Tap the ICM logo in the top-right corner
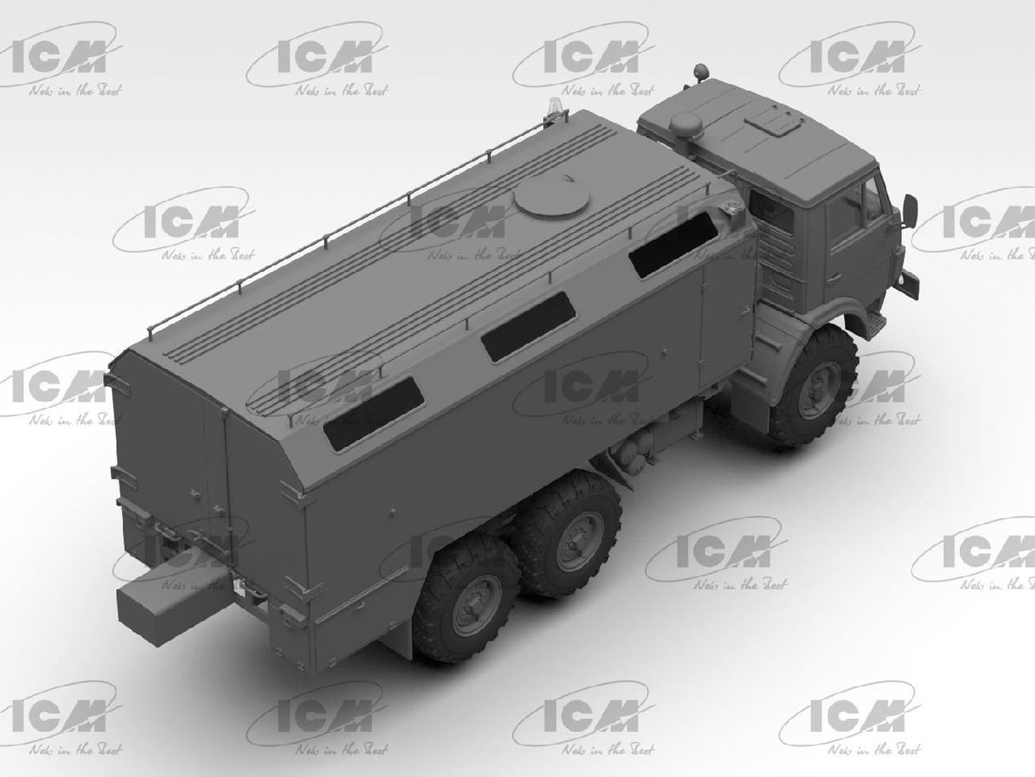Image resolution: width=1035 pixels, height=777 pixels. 861,59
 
